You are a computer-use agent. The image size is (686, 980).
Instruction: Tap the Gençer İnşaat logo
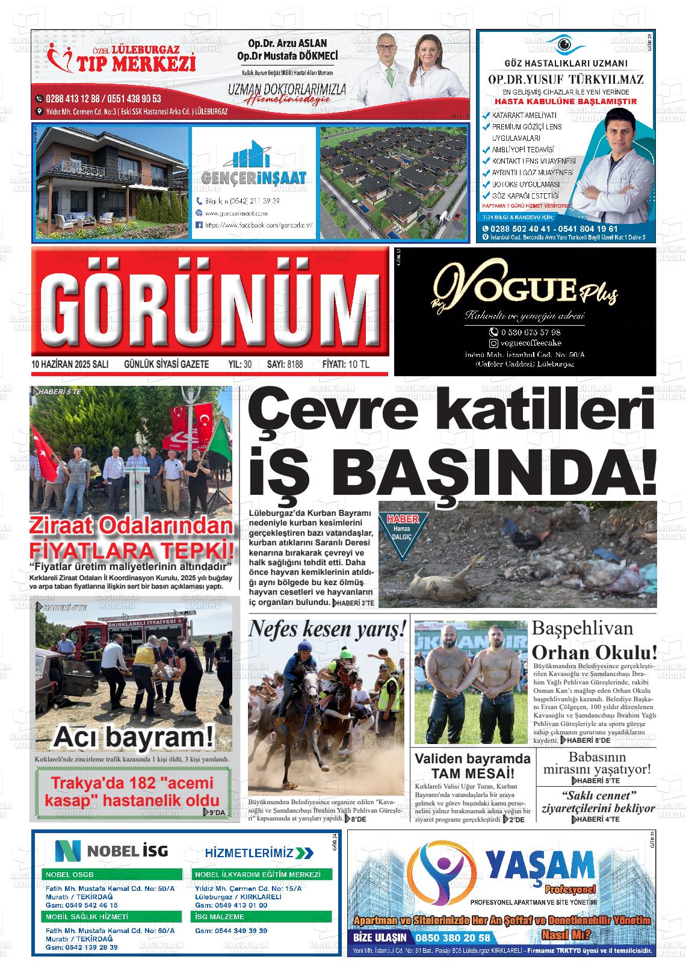(x=253, y=168)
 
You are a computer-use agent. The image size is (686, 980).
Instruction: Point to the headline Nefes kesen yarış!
(x=327, y=629)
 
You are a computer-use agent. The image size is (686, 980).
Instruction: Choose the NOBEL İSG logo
(x=112, y=851)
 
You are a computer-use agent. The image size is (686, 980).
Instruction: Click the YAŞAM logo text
(x=540, y=866)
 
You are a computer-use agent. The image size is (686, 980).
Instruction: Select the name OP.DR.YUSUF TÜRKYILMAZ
(x=565, y=79)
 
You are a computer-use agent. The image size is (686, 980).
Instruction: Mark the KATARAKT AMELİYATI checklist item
(x=524, y=115)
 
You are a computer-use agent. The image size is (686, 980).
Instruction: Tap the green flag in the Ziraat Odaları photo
(x=217, y=434)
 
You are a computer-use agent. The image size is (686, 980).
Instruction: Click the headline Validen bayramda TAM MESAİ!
(x=472, y=766)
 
